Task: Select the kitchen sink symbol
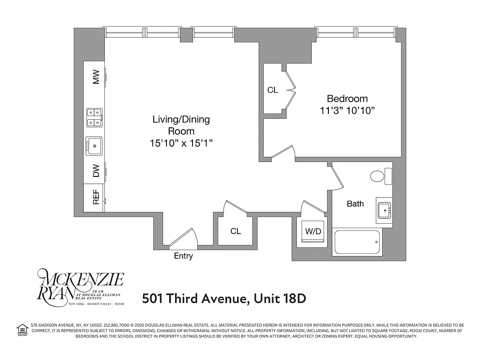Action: click(x=94, y=145)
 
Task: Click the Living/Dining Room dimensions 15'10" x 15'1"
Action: click(x=181, y=143)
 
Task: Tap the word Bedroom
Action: click(x=347, y=99)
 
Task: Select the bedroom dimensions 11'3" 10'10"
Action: click(x=347, y=110)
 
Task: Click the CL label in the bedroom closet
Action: click(x=273, y=90)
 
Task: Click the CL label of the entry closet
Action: click(x=236, y=231)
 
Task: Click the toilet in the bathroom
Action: click(x=381, y=176)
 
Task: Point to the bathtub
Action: click(x=357, y=242)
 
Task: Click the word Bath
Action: click(x=355, y=204)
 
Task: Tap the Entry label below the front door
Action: click(x=183, y=256)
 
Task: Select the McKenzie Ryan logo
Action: click(x=80, y=287)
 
